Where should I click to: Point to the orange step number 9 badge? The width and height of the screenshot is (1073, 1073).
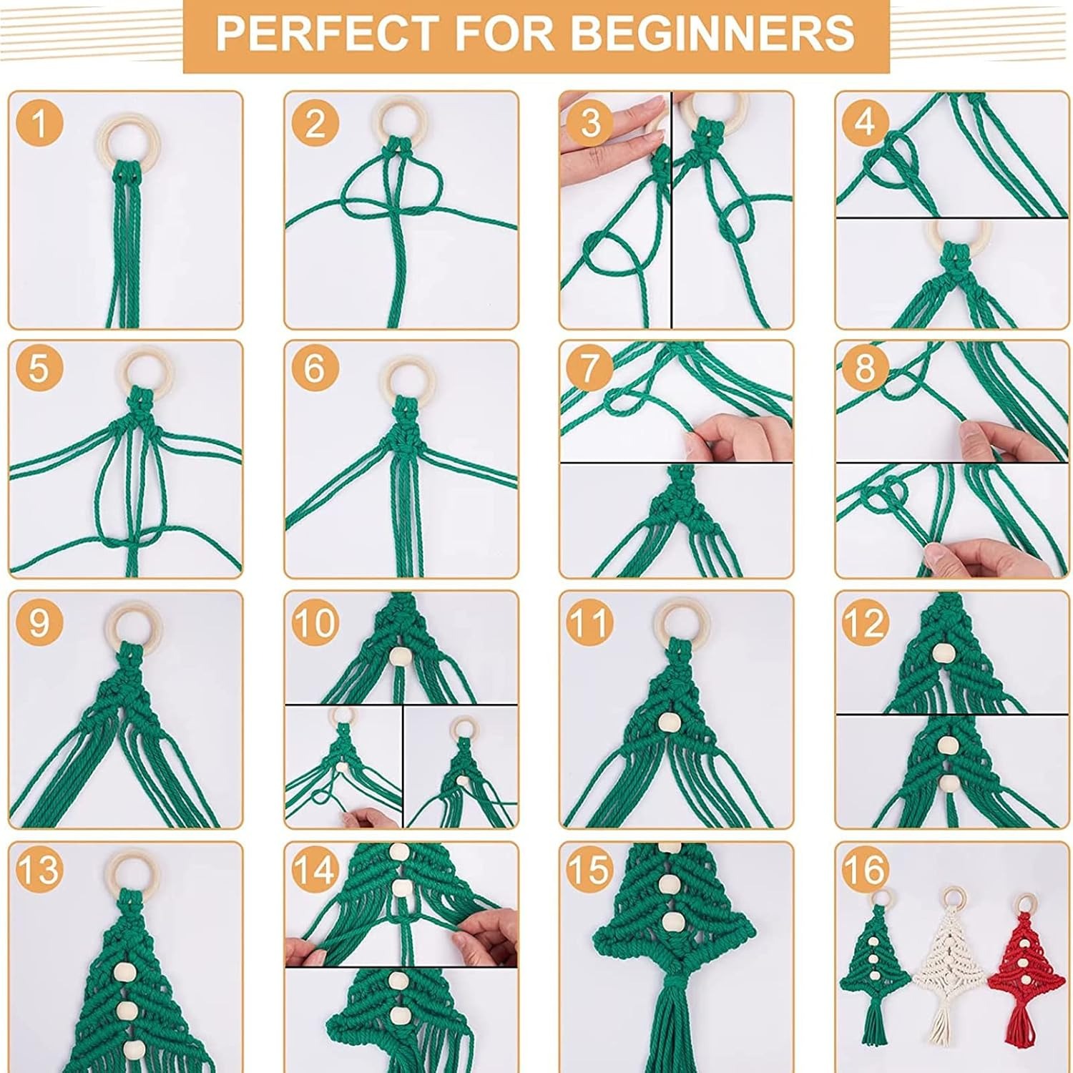[x=39, y=621]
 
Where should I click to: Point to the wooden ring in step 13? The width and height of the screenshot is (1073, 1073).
[x=135, y=869]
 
